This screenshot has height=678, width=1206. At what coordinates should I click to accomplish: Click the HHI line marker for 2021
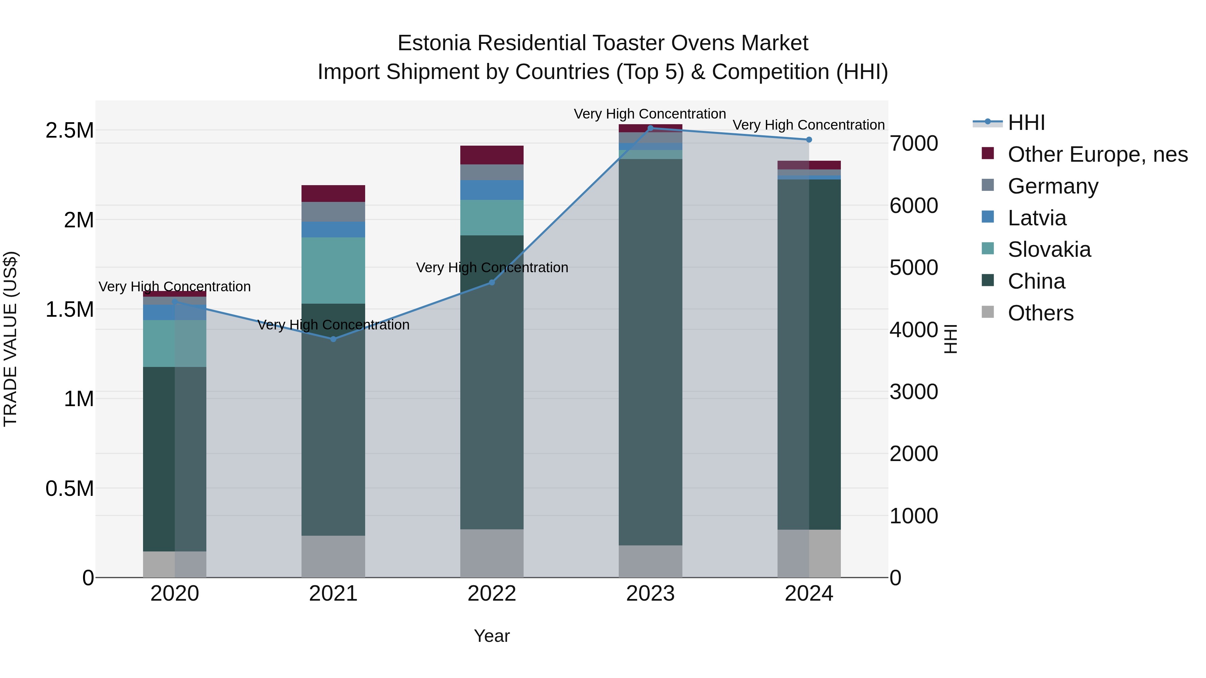click(x=333, y=339)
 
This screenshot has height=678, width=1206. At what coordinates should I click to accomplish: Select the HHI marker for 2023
click(x=650, y=128)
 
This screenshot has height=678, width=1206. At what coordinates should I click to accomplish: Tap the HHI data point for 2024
click(x=809, y=139)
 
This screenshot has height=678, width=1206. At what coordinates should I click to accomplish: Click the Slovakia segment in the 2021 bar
click(x=333, y=271)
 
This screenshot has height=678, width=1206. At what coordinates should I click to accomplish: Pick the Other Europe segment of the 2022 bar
click(x=491, y=155)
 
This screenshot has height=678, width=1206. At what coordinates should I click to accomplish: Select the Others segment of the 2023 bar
click(x=650, y=561)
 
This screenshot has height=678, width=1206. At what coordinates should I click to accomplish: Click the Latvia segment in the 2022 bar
click(x=491, y=190)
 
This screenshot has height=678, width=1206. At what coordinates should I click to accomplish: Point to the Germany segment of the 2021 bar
click(x=333, y=212)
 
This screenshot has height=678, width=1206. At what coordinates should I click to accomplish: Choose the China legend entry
click(x=1036, y=281)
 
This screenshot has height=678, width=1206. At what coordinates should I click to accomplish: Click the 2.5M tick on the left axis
click(x=69, y=131)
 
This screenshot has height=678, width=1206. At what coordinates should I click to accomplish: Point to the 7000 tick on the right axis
click(x=914, y=143)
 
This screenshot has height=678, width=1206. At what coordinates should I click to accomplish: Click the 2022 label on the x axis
click(x=491, y=594)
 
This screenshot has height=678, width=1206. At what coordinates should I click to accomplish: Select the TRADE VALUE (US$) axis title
click(x=10, y=339)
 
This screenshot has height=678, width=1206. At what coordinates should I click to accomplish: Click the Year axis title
click(x=491, y=636)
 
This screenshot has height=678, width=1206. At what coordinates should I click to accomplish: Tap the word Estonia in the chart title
click(x=433, y=43)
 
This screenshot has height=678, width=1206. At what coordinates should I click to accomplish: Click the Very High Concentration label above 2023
click(x=650, y=114)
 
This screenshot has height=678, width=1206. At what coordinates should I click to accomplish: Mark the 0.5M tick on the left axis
click(x=69, y=488)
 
